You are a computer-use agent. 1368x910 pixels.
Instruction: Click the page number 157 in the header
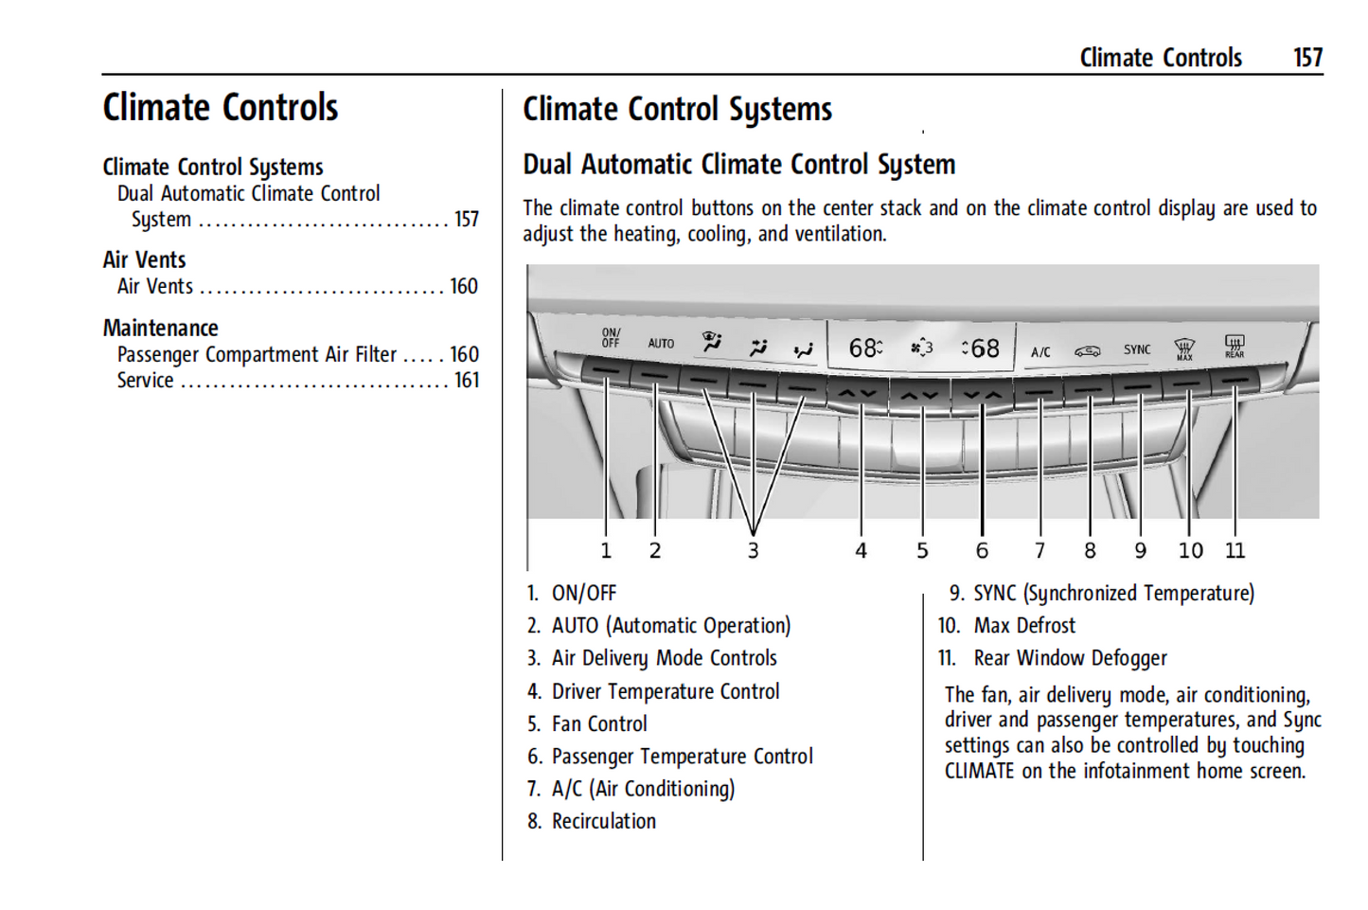pos(1307,58)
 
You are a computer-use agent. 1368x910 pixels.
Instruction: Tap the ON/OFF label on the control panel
pos(611,338)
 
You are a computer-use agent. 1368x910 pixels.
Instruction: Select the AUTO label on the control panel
pos(661,344)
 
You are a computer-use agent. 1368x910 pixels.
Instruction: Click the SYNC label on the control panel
pos(1137,349)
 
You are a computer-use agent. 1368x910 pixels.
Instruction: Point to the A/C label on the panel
pos(1040,352)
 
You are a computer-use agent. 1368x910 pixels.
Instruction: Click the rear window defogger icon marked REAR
pos(1235,346)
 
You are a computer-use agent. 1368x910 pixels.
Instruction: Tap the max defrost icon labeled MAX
pos(1184,348)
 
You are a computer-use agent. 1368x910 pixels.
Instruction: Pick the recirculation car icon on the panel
pos(1087,351)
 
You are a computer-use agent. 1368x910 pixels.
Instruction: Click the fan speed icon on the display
pos(921,348)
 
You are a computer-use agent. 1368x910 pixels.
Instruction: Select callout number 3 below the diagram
pos(753,551)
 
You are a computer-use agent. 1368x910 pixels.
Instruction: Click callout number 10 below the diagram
pos(1190,551)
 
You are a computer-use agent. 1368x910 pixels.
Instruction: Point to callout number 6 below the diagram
pos(982,551)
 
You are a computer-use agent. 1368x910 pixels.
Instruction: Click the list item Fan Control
pos(599,724)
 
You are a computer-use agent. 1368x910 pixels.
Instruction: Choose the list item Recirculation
pos(603,822)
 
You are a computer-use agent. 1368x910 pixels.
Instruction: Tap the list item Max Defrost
pos(1024,626)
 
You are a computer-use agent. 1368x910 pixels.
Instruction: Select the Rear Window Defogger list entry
pos(1070,658)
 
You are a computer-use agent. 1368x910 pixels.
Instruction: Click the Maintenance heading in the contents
pos(161,329)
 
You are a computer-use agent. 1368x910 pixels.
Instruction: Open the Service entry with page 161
pos(146,381)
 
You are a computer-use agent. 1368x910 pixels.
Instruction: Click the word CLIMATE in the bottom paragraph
pos(979,772)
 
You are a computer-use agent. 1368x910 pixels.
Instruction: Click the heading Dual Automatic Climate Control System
pos(738,165)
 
